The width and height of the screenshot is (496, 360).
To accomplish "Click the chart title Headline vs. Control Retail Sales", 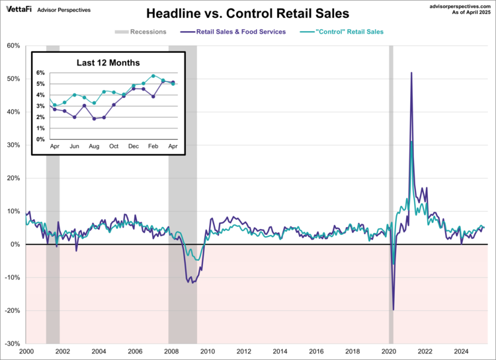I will [247, 13].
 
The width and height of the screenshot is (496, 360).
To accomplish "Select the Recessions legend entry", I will [140, 32].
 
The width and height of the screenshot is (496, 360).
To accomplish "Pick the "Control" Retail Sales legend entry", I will [345, 32].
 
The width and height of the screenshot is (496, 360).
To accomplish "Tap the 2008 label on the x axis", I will [171, 351].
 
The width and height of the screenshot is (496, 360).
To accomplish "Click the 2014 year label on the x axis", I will [280, 351].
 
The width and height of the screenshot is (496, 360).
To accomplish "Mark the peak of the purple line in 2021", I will [411, 73].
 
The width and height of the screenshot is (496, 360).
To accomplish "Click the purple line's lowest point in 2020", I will [393, 309].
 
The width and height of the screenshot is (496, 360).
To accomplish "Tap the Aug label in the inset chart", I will [94, 146].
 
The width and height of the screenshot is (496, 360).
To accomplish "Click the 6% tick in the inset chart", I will [40, 73].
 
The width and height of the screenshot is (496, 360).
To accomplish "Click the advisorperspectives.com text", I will [457, 5].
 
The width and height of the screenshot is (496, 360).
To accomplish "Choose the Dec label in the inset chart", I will [134, 146].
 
